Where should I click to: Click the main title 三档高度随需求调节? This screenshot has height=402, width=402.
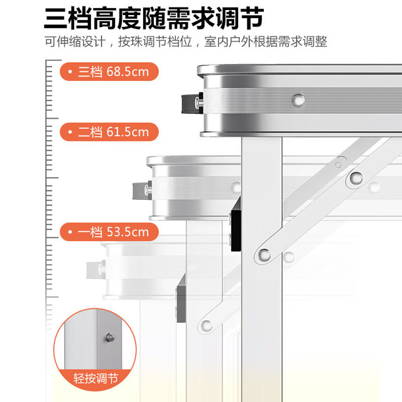pos(154,18)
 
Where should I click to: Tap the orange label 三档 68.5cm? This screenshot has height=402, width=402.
pos(109,72)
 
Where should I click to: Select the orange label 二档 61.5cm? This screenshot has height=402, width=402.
pos(109,132)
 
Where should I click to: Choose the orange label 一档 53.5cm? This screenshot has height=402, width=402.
pos(109,232)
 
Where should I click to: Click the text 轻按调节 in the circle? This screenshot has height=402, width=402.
pos(95,378)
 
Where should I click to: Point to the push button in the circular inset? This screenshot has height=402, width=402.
pos(111,337)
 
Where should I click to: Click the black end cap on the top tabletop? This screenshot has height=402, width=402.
pos(190,103)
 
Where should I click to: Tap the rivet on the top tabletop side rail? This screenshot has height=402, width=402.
pos(298,100)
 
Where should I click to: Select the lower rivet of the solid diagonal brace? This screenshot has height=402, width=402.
pos(264,254)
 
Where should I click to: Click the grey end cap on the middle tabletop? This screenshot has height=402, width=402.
pos(141,191)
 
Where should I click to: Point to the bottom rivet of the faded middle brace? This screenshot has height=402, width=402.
pos(207,325)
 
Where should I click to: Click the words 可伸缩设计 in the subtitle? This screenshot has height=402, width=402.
pos(75,41)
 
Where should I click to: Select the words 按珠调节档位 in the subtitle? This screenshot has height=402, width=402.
pos(155,41)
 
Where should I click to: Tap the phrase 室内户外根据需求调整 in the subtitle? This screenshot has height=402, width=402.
pos(266,41)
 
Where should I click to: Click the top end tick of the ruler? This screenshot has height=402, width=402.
pos(53,60)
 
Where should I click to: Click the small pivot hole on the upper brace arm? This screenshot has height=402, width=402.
pos(338,165)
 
